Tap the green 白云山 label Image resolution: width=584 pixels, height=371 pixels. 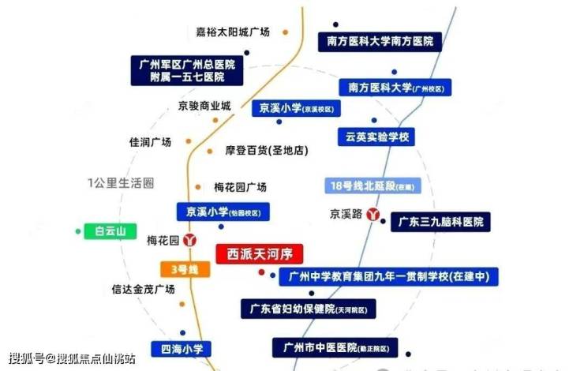click(x=110, y=231)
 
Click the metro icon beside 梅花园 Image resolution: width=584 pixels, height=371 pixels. click(x=189, y=240)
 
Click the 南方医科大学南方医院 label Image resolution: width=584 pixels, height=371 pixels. click(x=380, y=42)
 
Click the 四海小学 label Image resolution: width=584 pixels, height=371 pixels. click(x=188, y=348)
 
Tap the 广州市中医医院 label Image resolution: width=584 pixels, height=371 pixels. click(x=335, y=347)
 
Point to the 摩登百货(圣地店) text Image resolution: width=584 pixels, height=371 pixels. click(x=266, y=151)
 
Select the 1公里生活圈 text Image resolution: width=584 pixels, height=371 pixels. click(x=120, y=183)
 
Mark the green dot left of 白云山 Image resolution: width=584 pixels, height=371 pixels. click(x=77, y=231)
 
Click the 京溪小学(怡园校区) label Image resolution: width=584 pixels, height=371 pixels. click(x=223, y=212)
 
